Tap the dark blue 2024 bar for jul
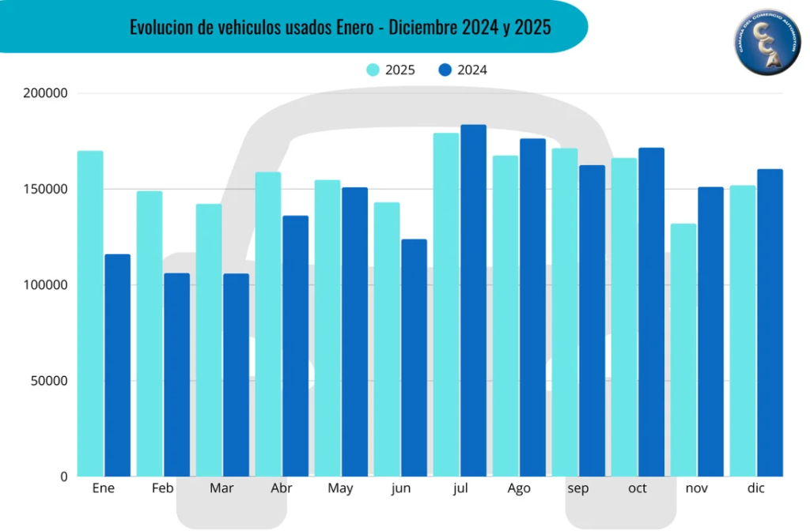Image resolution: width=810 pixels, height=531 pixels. pyautogui.click(x=474, y=300)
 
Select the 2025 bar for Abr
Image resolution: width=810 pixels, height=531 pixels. pyautogui.click(x=268, y=324)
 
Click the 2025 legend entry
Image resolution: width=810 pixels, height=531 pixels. pyautogui.click(x=391, y=70)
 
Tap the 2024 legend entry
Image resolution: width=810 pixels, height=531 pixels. pyautogui.click(x=463, y=70)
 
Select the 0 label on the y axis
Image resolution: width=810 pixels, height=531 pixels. pyautogui.click(x=64, y=476)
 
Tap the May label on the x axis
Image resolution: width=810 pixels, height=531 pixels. pyautogui.click(x=340, y=488)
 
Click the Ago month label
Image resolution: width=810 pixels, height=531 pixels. pyautogui.click(x=519, y=488)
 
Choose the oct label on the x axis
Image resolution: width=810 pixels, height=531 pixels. pyautogui.click(x=638, y=488)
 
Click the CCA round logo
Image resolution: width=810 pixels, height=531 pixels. pyautogui.click(x=767, y=43)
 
